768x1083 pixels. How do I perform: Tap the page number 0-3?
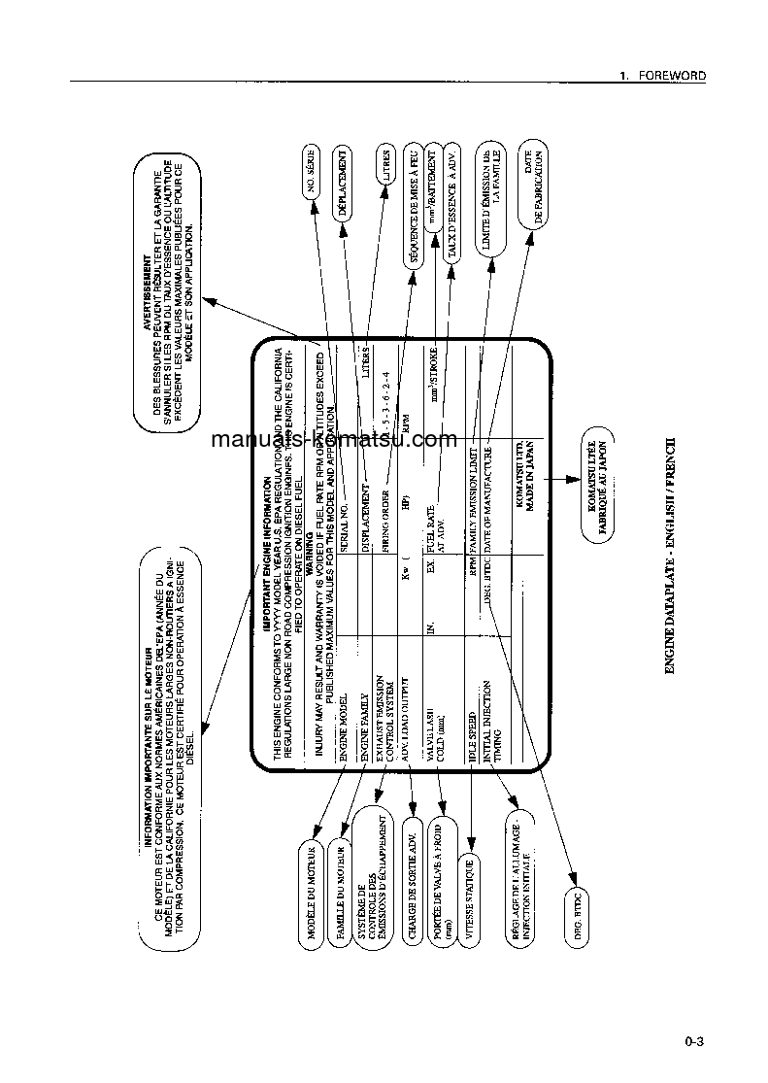692,1042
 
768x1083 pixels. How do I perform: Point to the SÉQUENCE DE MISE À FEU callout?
413,206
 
